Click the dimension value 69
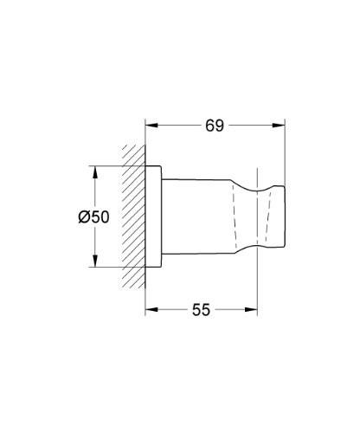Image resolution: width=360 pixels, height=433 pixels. pyautogui.click(x=215, y=126)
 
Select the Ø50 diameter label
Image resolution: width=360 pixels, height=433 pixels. pyautogui.click(x=93, y=217)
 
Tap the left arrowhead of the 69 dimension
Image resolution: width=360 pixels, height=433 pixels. pyautogui.click(x=150, y=126)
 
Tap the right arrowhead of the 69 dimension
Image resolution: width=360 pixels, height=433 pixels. pyautogui.click(x=281, y=126)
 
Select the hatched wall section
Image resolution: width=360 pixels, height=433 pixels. pyautogui.click(x=135, y=216)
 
